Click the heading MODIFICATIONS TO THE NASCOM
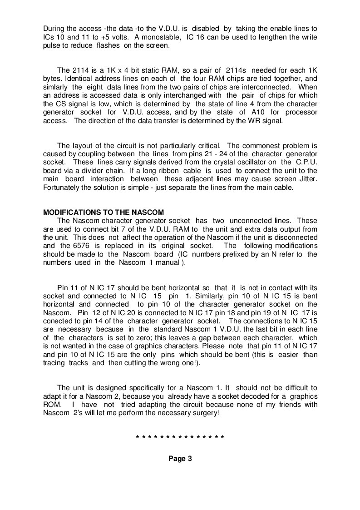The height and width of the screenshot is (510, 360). pos(103,212)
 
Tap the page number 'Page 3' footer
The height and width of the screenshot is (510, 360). pos(180,459)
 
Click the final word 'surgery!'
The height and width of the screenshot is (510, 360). pos(205,413)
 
